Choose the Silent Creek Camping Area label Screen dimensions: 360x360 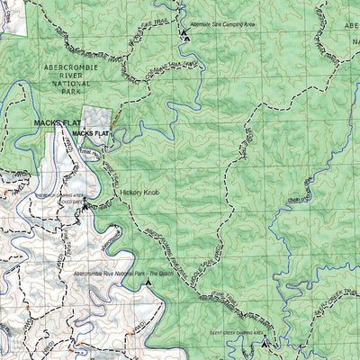click(x=237, y=332)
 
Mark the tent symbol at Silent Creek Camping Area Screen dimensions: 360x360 click(x=263, y=340)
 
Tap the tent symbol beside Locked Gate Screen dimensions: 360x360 click(x=85, y=205)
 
